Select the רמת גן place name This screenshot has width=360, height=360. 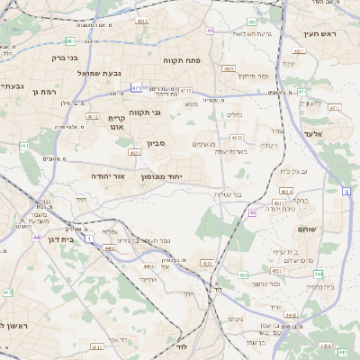click(x=43, y=91)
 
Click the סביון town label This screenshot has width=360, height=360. click(x=157, y=143)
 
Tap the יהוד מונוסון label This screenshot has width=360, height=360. click(x=162, y=177)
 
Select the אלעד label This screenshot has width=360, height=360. click(x=337, y=133)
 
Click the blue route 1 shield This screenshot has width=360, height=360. click(x=90, y=238)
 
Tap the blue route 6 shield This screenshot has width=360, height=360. click(x=346, y=191)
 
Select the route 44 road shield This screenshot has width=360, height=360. click(x=36, y=237)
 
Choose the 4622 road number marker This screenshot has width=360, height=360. click(x=135, y=152)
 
